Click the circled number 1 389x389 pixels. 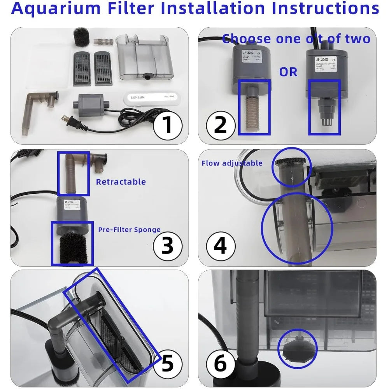[167, 124]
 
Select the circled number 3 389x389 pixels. [167, 245]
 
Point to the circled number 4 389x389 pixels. [220, 246]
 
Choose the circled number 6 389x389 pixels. [220, 364]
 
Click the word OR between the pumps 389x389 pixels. [288, 72]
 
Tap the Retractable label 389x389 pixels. [121, 182]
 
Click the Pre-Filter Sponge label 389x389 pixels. [129, 230]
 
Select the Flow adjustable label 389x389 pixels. [232, 163]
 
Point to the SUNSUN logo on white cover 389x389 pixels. [138, 98]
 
